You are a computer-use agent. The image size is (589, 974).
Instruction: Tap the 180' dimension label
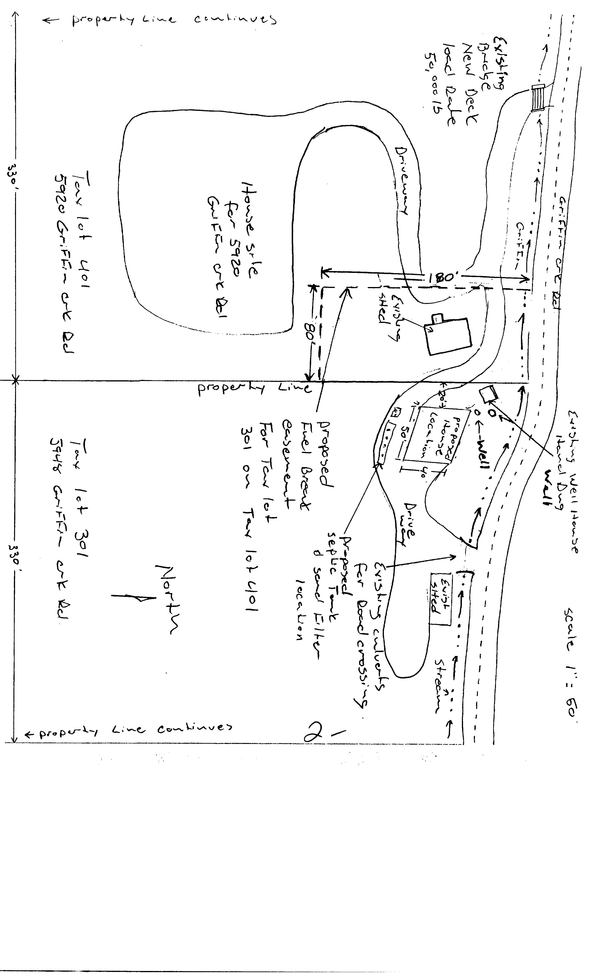point(442,277)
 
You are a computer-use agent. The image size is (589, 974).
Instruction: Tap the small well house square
point(489,394)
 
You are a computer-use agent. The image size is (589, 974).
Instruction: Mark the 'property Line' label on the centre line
point(253,389)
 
